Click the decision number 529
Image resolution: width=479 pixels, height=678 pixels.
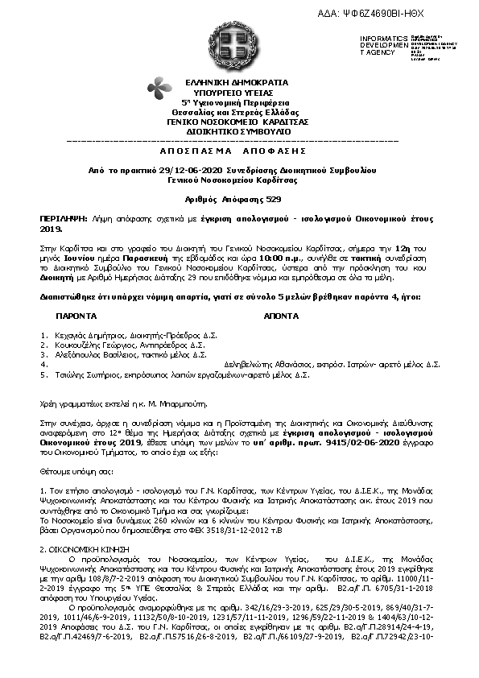(x=274, y=198)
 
